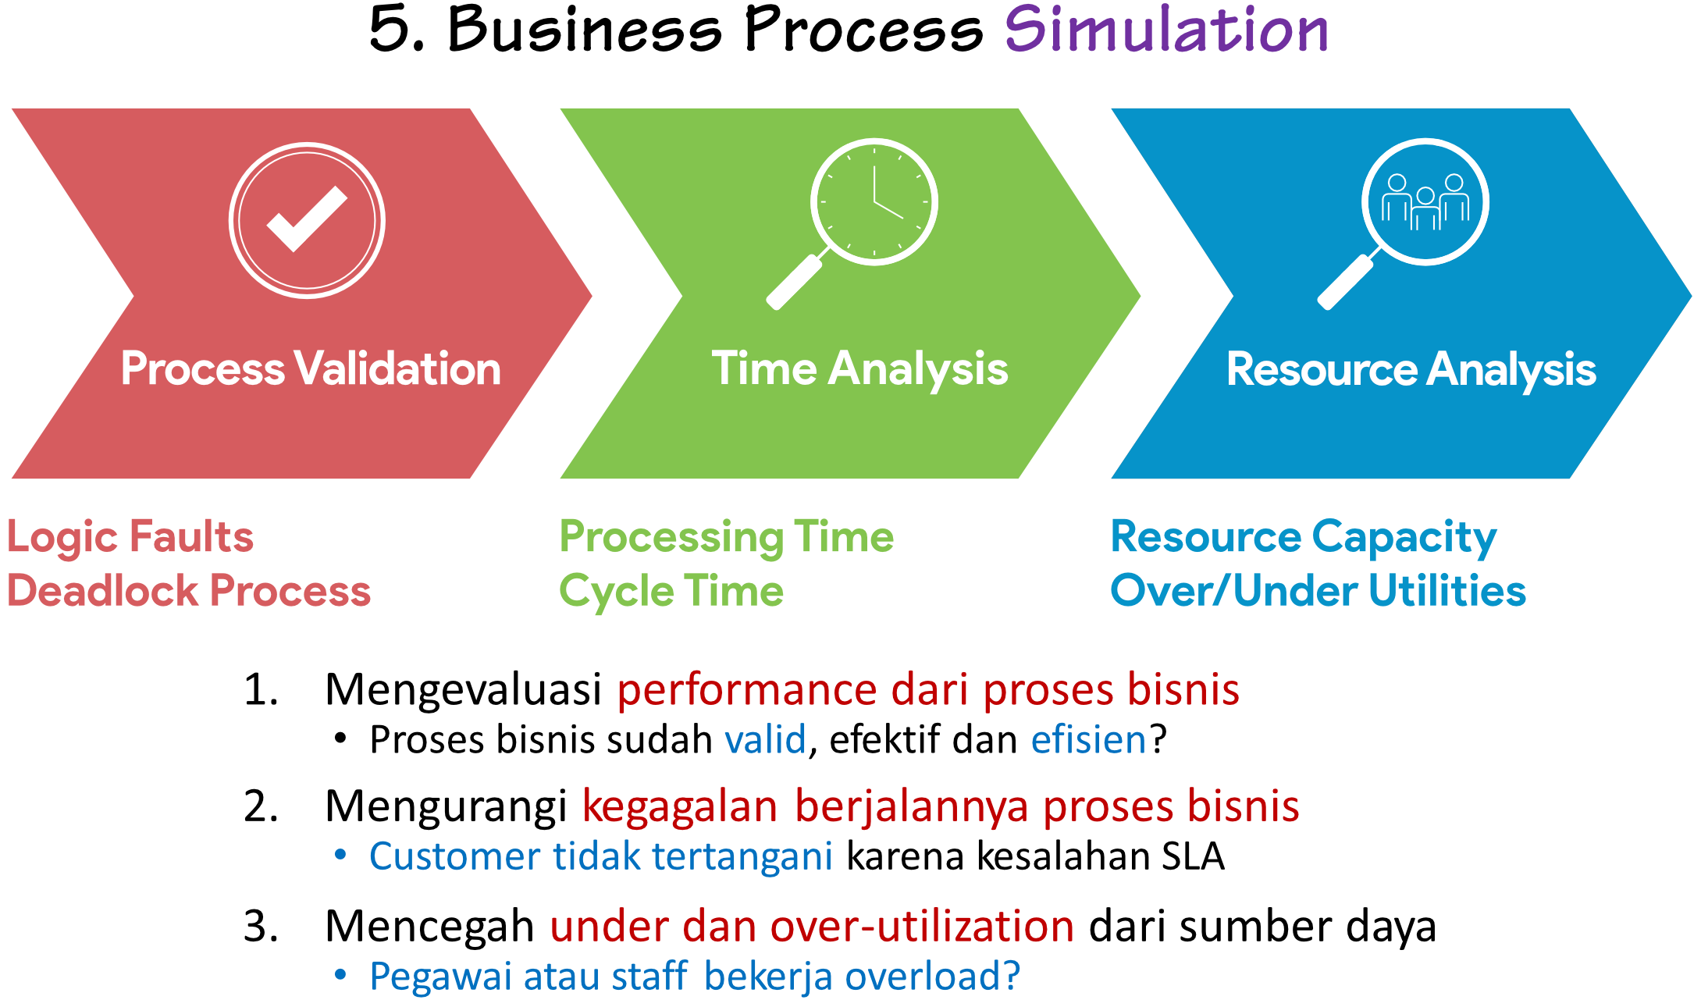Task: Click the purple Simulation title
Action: pyautogui.click(x=1166, y=30)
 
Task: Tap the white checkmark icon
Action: pyautogui.click(x=306, y=219)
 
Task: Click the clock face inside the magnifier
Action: pyautogui.click(x=874, y=201)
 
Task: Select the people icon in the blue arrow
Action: pyautogui.click(x=1425, y=202)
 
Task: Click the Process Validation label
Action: pyautogui.click(x=311, y=368)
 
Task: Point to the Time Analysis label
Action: pyautogui.click(x=859, y=368)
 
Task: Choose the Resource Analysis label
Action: pyautogui.click(x=1411, y=369)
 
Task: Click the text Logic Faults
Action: pyautogui.click(x=130, y=537)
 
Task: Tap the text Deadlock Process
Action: pyautogui.click(x=189, y=591)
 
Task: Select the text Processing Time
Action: pyautogui.click(x=727, y=538)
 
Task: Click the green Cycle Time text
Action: pyautogui.click(x=671, y=591)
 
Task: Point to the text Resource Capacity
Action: pyautogui.click(x=1304, y=538)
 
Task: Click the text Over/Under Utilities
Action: pyautogui.click(x=1318, y=591)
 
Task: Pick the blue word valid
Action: pyautogui.click(x=765, y=740)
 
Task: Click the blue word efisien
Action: pyautogui.click(x=1088, y=740)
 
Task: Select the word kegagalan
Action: pyautogui.click(x=679, y=806)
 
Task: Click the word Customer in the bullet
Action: pyautogui.click(x=454, y=856)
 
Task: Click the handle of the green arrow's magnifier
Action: pyautogui.click(x=794, y=283)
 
